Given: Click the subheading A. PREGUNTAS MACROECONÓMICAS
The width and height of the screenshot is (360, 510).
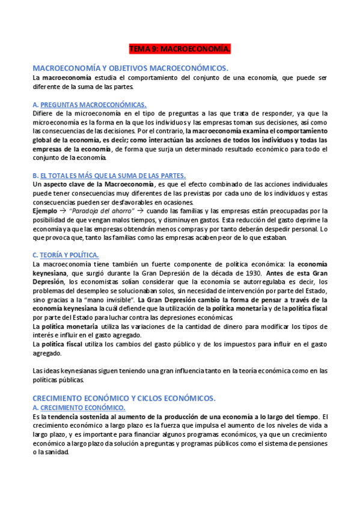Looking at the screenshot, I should point(90,104).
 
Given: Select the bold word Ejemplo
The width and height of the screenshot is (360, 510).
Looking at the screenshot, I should point(47,210).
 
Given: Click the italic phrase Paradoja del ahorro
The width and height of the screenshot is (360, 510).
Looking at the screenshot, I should point(101,210).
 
